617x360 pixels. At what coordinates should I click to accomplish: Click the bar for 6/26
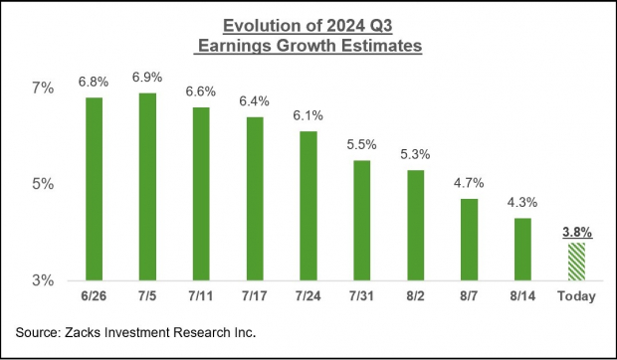95,188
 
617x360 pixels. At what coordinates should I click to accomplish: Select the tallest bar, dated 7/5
147,186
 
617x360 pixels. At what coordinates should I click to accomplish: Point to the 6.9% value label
147,78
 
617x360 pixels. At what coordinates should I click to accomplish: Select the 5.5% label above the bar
362,145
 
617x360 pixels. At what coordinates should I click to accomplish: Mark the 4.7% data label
470,184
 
